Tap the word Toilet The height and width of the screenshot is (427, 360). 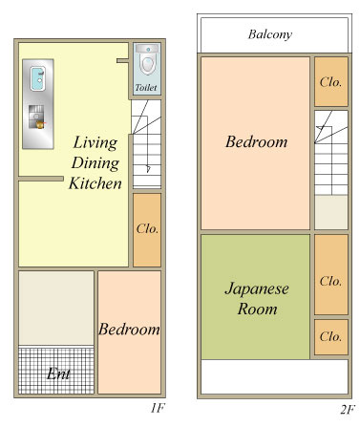[146, 88]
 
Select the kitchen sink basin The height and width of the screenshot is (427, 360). [37, 78]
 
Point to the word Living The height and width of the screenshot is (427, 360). [95, 143]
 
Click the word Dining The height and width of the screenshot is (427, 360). [95, 163]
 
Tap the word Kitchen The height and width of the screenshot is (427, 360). [95, 183]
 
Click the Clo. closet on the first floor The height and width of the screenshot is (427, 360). [147, 230]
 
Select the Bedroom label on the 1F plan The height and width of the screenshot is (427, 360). [129, 330]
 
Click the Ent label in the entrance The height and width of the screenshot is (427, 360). [58, 374]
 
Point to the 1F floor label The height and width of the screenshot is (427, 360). [158, 408]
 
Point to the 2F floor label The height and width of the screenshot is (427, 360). [347, 410]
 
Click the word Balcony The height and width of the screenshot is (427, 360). [270, 34]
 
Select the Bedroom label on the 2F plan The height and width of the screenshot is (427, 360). [256, 141]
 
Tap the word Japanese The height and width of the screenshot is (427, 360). [257, 289]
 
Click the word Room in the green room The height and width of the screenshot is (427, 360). [257, 310]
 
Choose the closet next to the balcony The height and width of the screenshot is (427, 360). [331, 81]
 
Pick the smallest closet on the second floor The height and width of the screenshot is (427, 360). [331, 337]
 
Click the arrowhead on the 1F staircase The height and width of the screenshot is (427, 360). [148, 169]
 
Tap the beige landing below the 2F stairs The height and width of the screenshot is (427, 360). [331, 212]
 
